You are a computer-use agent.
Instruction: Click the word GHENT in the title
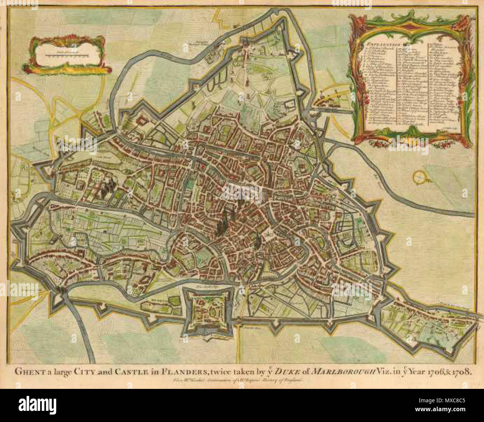click(x=27, y=372)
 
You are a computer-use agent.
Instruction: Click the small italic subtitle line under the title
click(x=239, y=380)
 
